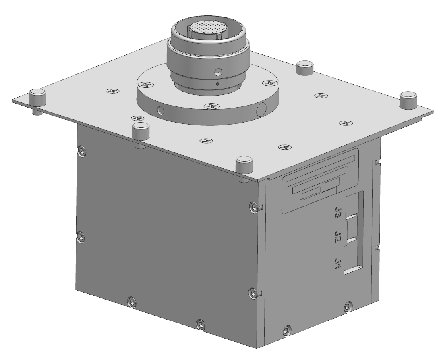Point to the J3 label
(339, 214)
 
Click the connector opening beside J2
(352, 230)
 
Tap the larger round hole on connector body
(217, 72)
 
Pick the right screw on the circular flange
(270, 84)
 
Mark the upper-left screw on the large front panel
(82, 150)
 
